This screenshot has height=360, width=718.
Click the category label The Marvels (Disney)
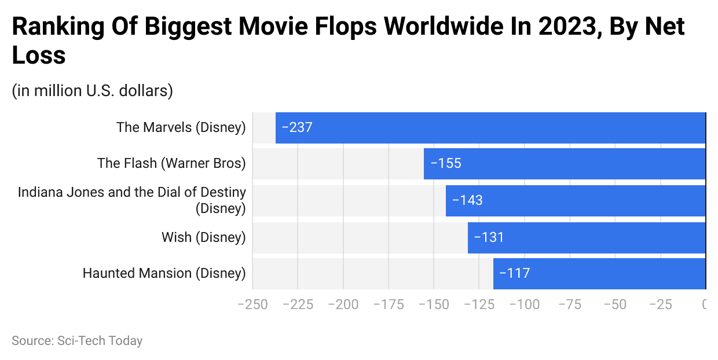181,127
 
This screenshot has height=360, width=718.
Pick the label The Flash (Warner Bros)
171,163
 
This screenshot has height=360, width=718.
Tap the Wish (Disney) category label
203,237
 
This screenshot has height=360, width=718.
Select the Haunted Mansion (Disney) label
164,273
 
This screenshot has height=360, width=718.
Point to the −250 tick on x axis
252,304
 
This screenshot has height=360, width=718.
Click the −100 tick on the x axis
525,304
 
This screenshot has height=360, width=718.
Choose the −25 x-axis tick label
660,304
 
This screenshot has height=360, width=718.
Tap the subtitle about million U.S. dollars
92,91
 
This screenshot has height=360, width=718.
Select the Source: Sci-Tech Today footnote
77,341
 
